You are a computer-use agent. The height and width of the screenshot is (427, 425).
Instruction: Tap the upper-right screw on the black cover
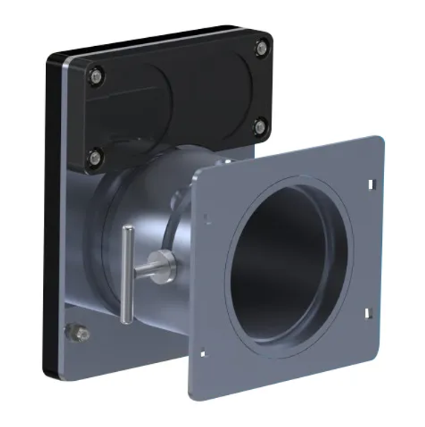coord(261,49)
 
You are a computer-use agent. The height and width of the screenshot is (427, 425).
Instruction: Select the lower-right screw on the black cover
coord(259,126)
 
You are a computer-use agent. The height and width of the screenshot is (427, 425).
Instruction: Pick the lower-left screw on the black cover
coord(94,157)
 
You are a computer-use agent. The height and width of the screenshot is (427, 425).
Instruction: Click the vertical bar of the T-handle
coord(128,275)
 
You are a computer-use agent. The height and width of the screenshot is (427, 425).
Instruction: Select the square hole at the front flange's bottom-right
coord(367,313)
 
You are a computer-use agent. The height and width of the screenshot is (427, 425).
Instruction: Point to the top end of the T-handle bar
coord(128,231)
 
